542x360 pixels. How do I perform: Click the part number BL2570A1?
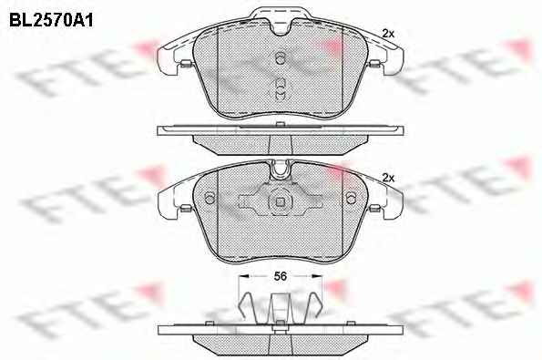[51, 20]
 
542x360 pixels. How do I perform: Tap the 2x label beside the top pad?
[388, 34]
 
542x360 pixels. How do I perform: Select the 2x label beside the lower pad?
[388, 178]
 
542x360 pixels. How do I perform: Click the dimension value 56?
[281, 276]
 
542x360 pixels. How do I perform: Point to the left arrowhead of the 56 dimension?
[244, 276]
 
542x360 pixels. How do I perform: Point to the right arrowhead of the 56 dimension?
[317, 276]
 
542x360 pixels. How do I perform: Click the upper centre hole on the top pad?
[281, 57]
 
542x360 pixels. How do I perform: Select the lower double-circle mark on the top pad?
[281, 89]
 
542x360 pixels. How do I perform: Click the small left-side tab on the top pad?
[186, 63]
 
